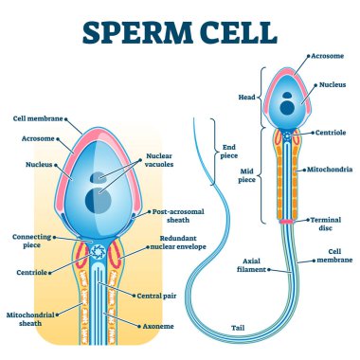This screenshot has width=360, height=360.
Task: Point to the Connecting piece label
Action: coord(32,241)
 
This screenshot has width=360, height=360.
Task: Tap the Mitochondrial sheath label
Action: coord(32,315)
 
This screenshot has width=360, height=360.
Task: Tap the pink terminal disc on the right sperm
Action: coord(287,221)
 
